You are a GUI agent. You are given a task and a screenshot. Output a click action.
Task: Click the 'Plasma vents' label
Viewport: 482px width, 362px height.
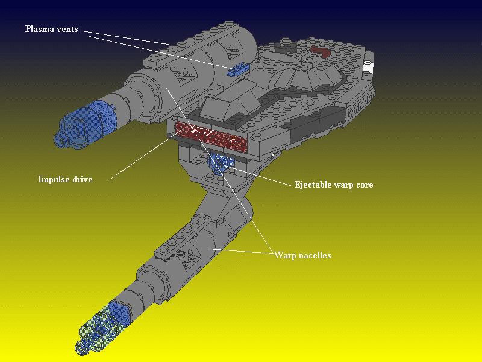52,29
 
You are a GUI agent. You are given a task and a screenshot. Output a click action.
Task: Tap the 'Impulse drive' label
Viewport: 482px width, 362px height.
65,179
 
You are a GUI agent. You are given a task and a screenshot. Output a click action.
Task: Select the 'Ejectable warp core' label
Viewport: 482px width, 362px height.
334,185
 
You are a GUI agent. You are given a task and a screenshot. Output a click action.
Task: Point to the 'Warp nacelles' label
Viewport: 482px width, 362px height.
302,255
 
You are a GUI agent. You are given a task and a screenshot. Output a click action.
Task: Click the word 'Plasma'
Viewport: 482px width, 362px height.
38,29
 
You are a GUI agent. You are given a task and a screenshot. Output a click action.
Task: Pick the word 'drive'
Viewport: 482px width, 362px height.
82,179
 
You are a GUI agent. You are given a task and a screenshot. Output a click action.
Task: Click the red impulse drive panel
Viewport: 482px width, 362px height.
211,137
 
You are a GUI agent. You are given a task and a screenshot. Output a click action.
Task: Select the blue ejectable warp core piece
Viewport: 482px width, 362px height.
221,164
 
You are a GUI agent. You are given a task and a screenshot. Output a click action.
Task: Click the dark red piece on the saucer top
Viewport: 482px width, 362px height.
321,51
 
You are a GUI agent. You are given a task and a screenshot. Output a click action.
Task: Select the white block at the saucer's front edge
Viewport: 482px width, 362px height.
368,68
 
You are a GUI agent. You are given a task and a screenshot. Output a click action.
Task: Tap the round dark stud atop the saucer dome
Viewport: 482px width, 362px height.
286,46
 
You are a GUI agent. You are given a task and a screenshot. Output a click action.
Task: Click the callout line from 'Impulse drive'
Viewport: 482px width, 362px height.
145,156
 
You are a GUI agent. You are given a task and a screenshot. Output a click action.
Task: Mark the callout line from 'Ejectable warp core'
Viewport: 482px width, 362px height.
259,176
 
